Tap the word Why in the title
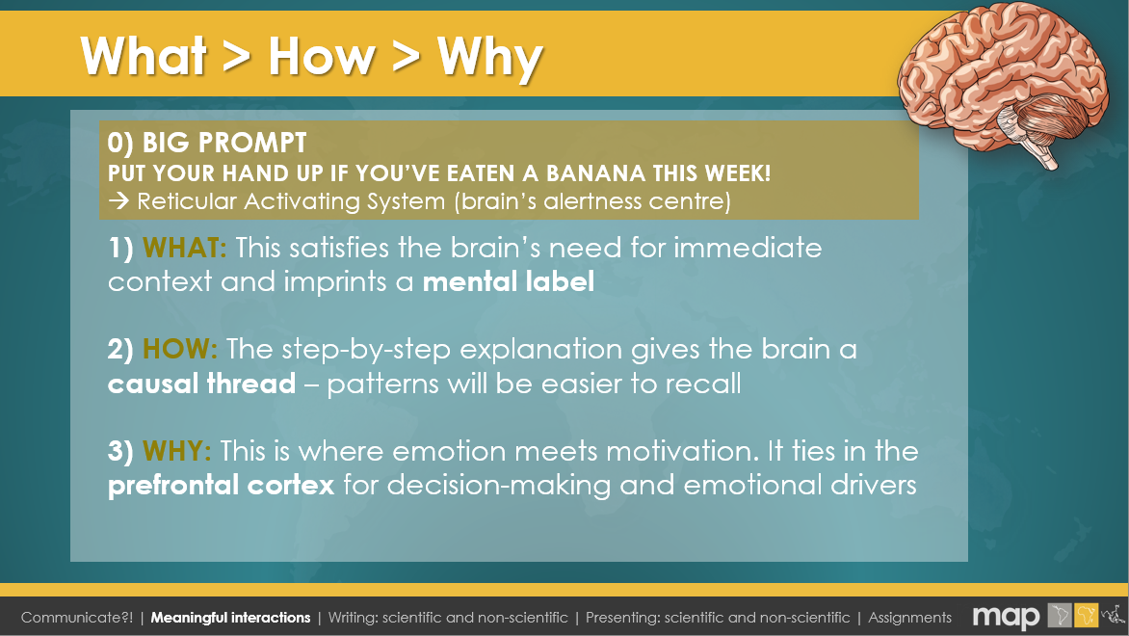coord(489,58)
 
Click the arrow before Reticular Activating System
coord(118,201)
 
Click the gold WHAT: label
coord(184,248)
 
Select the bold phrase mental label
coord(509,281)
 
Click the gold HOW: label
coord(180,350)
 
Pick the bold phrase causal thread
coord(201,384)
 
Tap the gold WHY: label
coord(177,452)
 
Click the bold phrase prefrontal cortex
coord(221,486)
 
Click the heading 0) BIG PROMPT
coord(207,143)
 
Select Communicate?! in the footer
coord(77,618)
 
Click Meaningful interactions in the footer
coord(230,618)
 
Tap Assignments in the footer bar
coord(909,618)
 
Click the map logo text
coord(1006,618)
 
